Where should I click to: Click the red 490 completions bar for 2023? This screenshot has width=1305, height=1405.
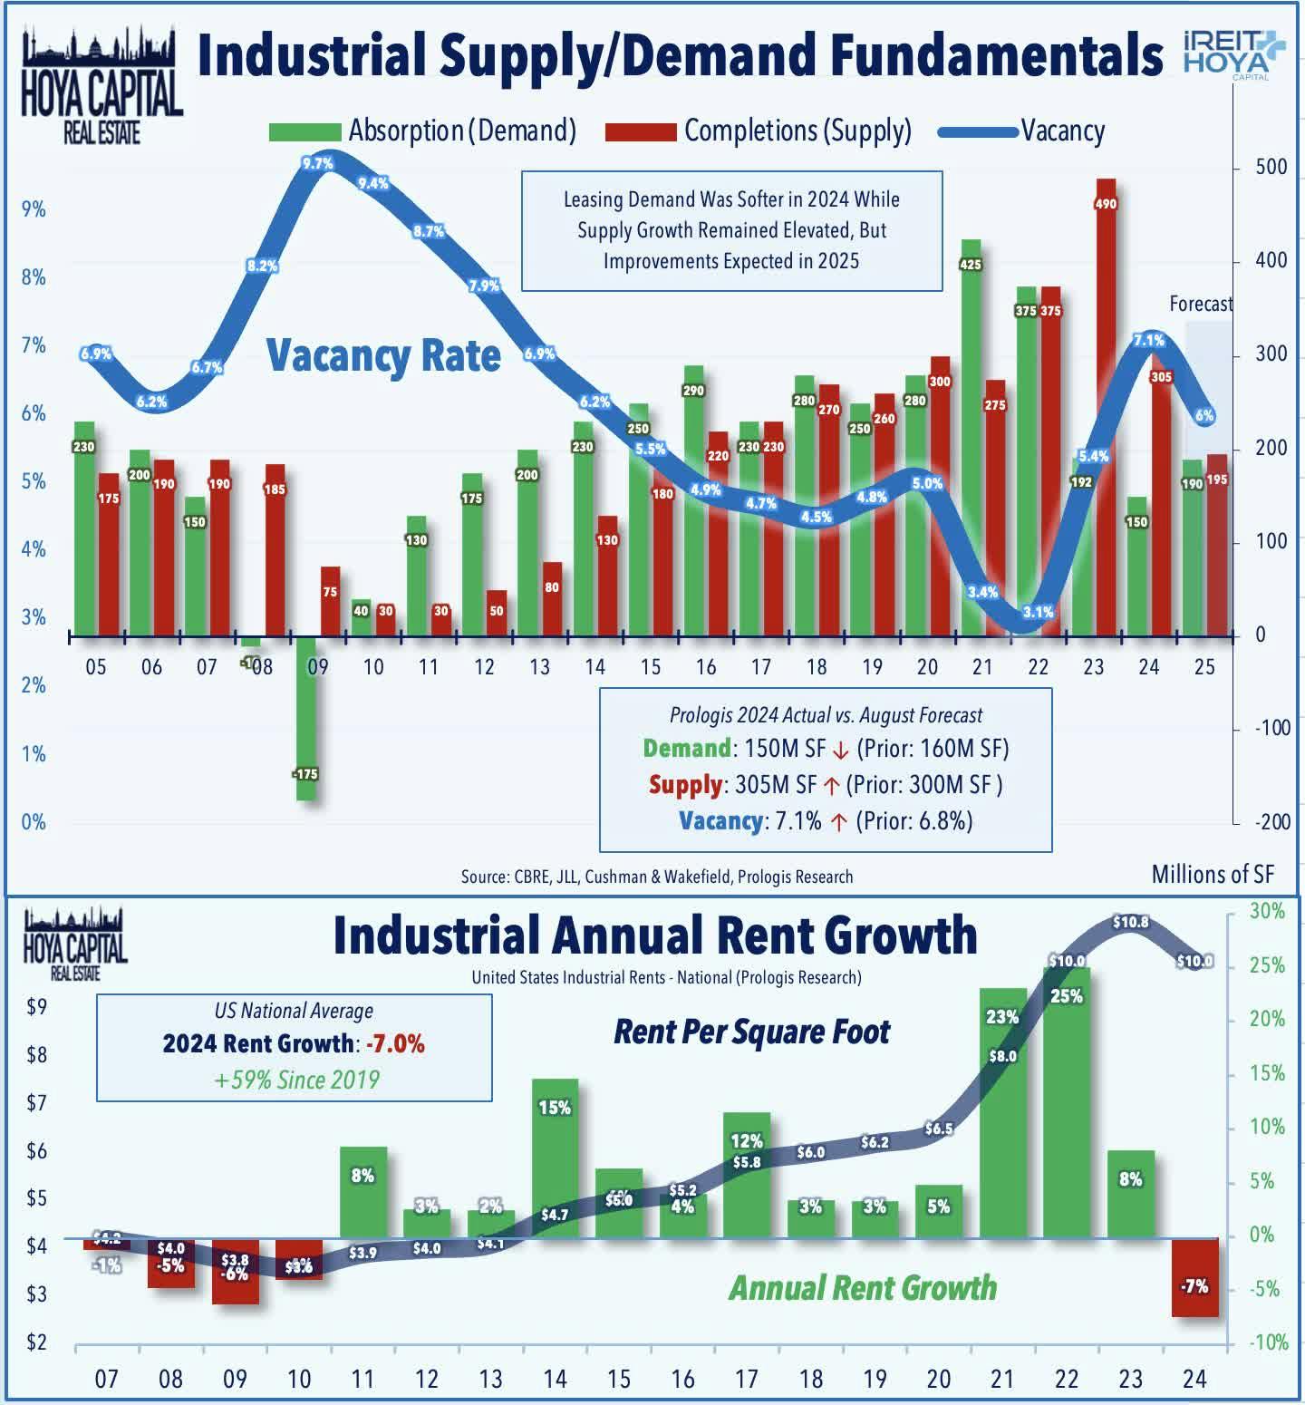point(1106,408)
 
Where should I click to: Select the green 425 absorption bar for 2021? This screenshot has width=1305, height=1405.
point(971,435)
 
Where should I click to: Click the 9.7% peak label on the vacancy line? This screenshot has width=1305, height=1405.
point(318,164)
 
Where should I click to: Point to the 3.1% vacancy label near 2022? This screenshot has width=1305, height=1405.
point(1038,612)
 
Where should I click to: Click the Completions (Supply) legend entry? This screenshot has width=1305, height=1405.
point(759,131)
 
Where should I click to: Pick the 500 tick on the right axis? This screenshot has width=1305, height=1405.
point(1271,168)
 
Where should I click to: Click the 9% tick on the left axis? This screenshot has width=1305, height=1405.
point(34,209)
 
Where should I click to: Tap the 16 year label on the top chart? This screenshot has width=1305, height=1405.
point(706,667)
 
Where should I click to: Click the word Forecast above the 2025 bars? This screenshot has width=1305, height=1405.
point(1200,304)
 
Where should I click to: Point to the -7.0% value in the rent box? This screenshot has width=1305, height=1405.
point(396,1043)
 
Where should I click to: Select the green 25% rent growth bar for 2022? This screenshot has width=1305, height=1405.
point(1067,1101)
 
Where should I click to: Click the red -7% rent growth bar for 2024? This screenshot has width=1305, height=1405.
point(1195,1278)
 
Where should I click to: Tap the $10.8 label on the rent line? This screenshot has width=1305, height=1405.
point(1130,922)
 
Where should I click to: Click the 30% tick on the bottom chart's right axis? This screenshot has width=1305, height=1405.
point(1267,911)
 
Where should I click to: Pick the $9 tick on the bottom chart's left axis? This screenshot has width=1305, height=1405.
point(35,1006)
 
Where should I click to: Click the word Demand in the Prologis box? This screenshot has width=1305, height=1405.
point(686,748)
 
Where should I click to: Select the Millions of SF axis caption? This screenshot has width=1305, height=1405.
point(1213,874)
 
